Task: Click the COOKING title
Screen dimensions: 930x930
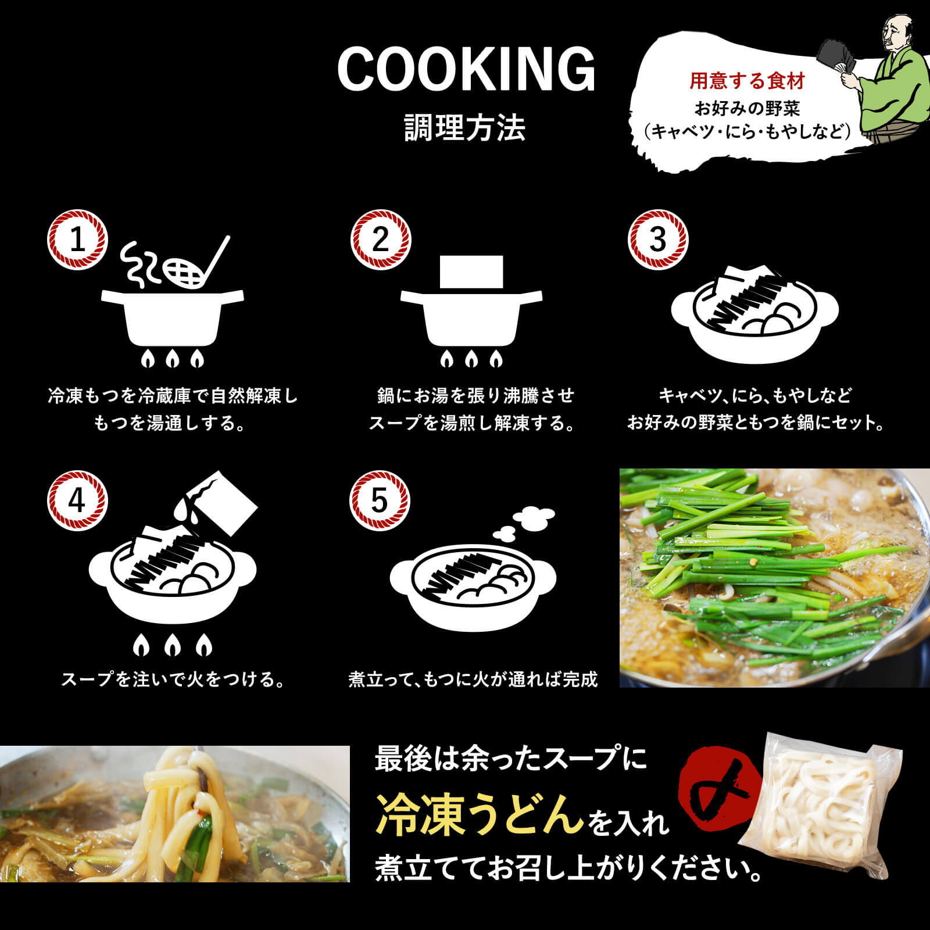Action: (466, 70)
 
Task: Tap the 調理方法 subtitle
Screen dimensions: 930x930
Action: (465, 128)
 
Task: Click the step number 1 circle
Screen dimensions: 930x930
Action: (77, 239)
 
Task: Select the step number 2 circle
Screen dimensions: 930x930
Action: (380, 239)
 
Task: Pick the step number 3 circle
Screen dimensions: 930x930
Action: (657, 239)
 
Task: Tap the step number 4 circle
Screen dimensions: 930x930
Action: (77, 500)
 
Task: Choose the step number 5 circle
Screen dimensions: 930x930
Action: (380, 500)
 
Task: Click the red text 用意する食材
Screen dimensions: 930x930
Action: (747, 81)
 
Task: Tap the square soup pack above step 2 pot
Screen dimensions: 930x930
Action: (471, 271)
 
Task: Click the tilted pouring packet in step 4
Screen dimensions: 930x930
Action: (224, 501)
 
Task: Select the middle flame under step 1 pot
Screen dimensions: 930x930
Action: (172, 359)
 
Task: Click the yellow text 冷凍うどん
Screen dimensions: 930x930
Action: (480, 814)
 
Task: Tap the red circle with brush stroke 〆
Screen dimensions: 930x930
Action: (721, 788)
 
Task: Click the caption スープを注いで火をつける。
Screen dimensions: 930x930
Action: (173, 679)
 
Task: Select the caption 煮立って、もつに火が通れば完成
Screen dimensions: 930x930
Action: (473, 679)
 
